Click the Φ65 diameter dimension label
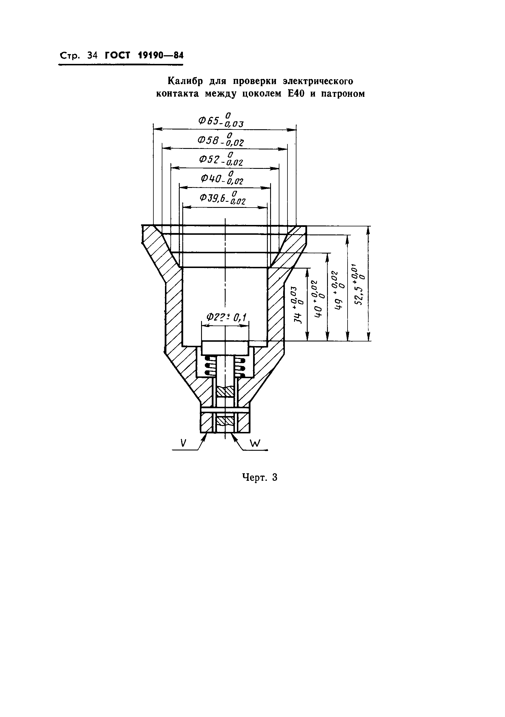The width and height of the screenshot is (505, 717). [221, 120]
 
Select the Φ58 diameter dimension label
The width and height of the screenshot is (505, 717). [221, 139]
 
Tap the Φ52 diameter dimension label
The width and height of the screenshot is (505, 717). [221, 159]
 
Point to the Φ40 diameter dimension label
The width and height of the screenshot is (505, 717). [222, 178]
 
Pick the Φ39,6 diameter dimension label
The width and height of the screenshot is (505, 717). [222, 197]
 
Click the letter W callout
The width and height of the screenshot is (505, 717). [255, 443]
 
